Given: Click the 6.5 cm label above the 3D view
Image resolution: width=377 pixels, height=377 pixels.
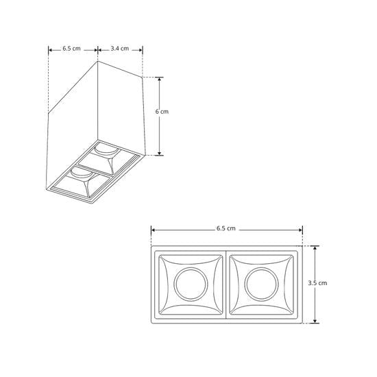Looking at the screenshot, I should pos(71,49).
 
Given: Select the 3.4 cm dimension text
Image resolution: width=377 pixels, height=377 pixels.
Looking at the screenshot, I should pos(120,49).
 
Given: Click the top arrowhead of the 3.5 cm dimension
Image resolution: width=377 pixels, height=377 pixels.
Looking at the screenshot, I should pos(315,247).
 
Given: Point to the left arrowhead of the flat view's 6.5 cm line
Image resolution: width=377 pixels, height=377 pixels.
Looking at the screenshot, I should pos(154,231).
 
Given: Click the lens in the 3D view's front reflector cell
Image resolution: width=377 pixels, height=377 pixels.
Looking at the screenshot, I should pos(80,171).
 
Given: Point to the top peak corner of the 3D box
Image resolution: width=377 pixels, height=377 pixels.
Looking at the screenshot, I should pos(98,61).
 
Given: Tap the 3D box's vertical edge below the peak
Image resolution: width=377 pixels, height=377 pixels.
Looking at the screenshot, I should pos(97,103).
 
